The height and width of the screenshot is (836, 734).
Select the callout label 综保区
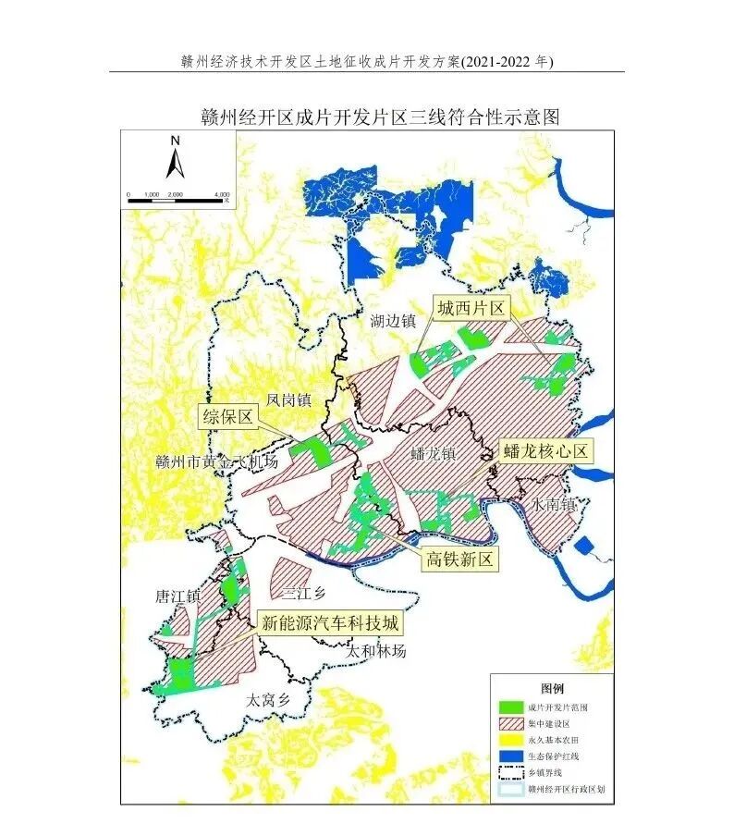[227, 417]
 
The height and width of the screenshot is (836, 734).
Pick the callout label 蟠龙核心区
[545, 451]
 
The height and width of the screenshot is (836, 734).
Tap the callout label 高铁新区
[460, 559]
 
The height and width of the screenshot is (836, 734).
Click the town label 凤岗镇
[288, 400]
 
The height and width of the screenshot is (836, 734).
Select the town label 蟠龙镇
[434, 454]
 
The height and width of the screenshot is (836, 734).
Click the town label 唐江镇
[177, 597]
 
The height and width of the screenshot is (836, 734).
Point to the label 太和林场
[375, 651]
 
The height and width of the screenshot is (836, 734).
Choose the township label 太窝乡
[268, 700]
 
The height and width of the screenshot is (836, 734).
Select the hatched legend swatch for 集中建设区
[509, 723]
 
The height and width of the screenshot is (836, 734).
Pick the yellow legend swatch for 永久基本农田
[509, 740]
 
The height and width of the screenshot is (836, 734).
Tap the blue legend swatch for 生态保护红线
[509, 756]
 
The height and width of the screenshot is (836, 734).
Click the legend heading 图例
[552, 690]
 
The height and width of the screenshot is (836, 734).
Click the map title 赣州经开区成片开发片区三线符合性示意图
[380, 117]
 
